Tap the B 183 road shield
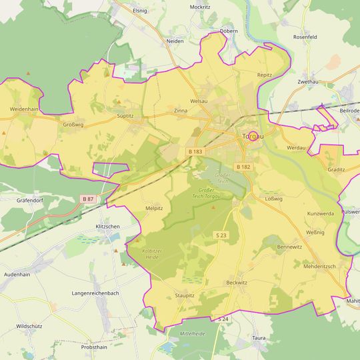point(195,152)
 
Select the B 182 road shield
point(243,166)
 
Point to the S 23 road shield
point(221,235)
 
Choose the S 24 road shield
point(222,319)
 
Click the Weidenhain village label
point(24,109)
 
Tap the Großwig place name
point(73,124)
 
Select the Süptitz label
point(125,115)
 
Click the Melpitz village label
point(154,208)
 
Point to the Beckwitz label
point(236,282)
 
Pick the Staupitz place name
point(184,295)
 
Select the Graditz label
point(336,169)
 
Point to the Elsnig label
point(140,11)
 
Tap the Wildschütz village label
point(31,326)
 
